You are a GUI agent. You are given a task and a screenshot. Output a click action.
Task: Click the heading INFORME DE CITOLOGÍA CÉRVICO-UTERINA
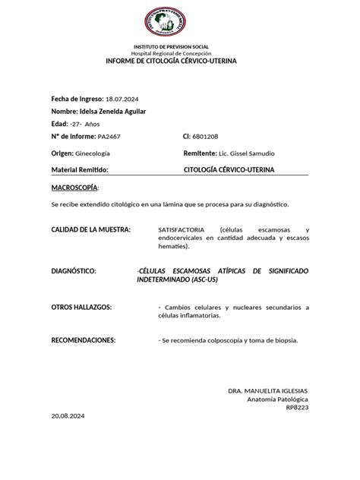point(180,60)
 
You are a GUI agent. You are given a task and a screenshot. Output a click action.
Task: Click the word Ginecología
point(93,153)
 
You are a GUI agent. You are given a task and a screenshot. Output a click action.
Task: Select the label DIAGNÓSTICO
point(74,270)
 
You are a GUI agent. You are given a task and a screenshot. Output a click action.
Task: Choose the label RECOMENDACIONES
point(84,340)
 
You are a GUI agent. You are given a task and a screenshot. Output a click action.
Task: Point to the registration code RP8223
point(297,408)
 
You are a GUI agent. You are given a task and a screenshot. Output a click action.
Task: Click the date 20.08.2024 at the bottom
point(68,417)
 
